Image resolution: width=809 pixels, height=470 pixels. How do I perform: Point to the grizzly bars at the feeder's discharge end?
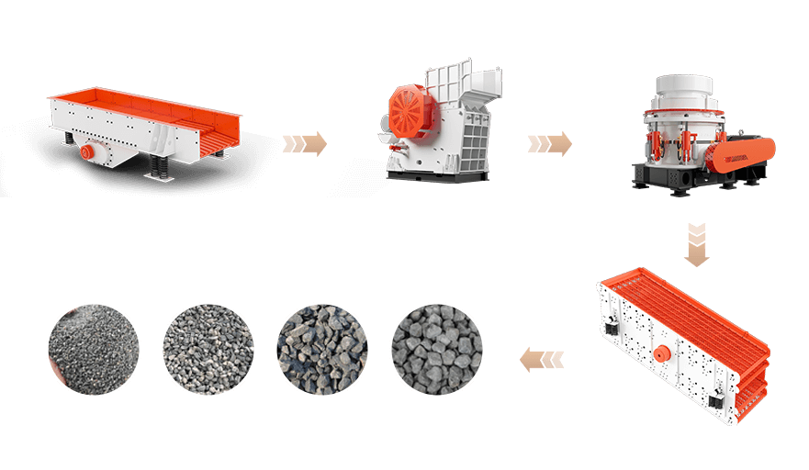click(x=215, y=138)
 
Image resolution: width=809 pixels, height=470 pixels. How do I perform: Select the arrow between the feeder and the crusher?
click(x=304, y=143)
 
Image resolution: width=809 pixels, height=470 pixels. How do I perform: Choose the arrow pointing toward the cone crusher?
click(x=549, y=143)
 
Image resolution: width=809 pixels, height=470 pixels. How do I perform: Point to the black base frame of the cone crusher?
click(x=670, y=177)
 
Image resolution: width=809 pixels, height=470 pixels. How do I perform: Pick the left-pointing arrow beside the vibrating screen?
click(x=542, y=359)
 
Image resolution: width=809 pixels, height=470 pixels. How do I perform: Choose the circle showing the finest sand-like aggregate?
click(x=94, y=350)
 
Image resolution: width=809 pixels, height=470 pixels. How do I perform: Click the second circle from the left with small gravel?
click(x=208, y=350)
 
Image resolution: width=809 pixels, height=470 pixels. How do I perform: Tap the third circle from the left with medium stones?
click(x=322, y=350)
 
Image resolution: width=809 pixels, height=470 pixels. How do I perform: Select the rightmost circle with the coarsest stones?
click(x=437, y=350)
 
